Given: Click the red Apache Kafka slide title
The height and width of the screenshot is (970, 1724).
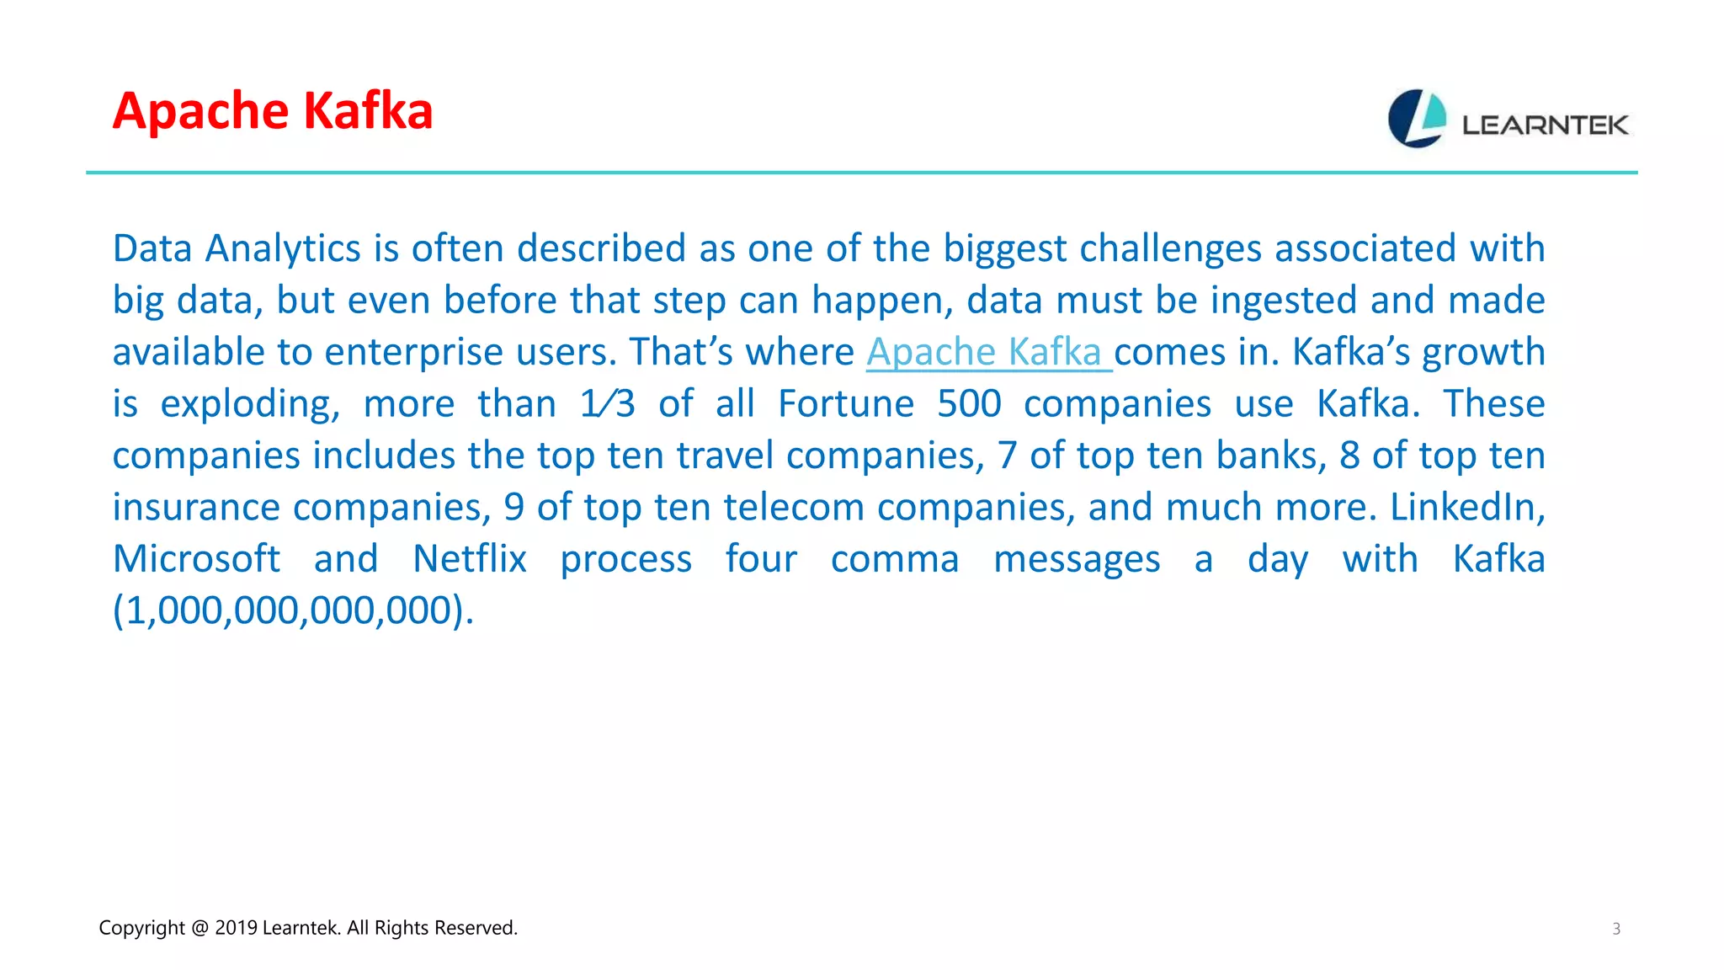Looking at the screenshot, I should point(272,111).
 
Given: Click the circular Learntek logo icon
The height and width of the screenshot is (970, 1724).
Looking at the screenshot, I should point(1417,119).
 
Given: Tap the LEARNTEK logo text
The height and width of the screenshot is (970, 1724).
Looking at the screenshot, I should point(1545,125).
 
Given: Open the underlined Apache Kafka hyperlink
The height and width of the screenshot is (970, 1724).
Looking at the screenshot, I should point(984,352).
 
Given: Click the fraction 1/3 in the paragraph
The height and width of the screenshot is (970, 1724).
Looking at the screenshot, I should point(607,404).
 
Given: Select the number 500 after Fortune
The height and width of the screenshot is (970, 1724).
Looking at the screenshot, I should point(969,404).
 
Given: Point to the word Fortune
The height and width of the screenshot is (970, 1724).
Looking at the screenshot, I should point(845,404).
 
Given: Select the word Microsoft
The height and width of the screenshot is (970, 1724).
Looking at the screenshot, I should point(196,559).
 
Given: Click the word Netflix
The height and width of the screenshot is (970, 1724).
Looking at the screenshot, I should point(469,559).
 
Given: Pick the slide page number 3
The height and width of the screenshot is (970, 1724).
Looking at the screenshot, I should point(1615,929).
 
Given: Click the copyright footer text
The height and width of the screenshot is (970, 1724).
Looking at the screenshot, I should point(307,928).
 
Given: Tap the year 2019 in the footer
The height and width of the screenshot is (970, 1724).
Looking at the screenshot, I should point(236,928).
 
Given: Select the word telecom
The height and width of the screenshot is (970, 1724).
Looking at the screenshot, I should point(793,507).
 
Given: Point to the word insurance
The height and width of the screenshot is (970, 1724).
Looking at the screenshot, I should point(196,507).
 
